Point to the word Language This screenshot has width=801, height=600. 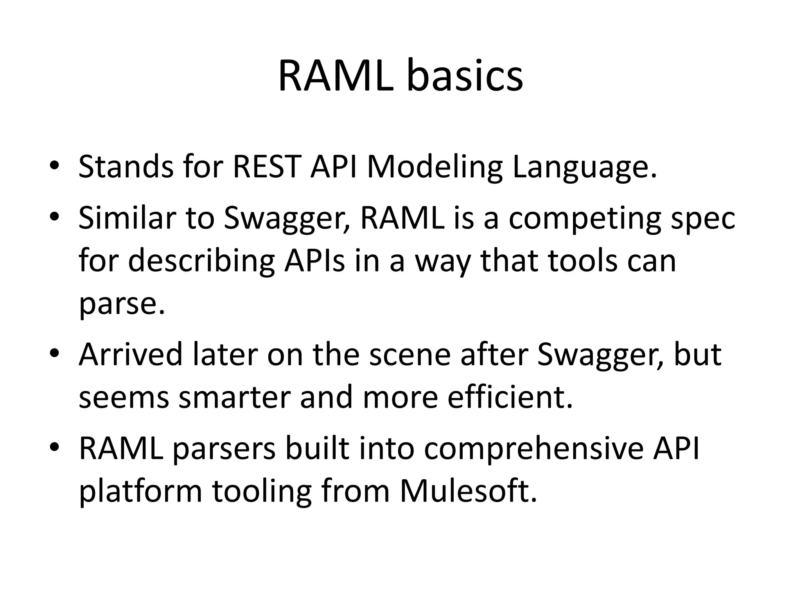pos(584,167)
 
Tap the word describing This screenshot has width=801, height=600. pos(201,261)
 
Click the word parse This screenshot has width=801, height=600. pos(121,305)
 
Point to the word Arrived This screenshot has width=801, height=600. pos(131,354)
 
